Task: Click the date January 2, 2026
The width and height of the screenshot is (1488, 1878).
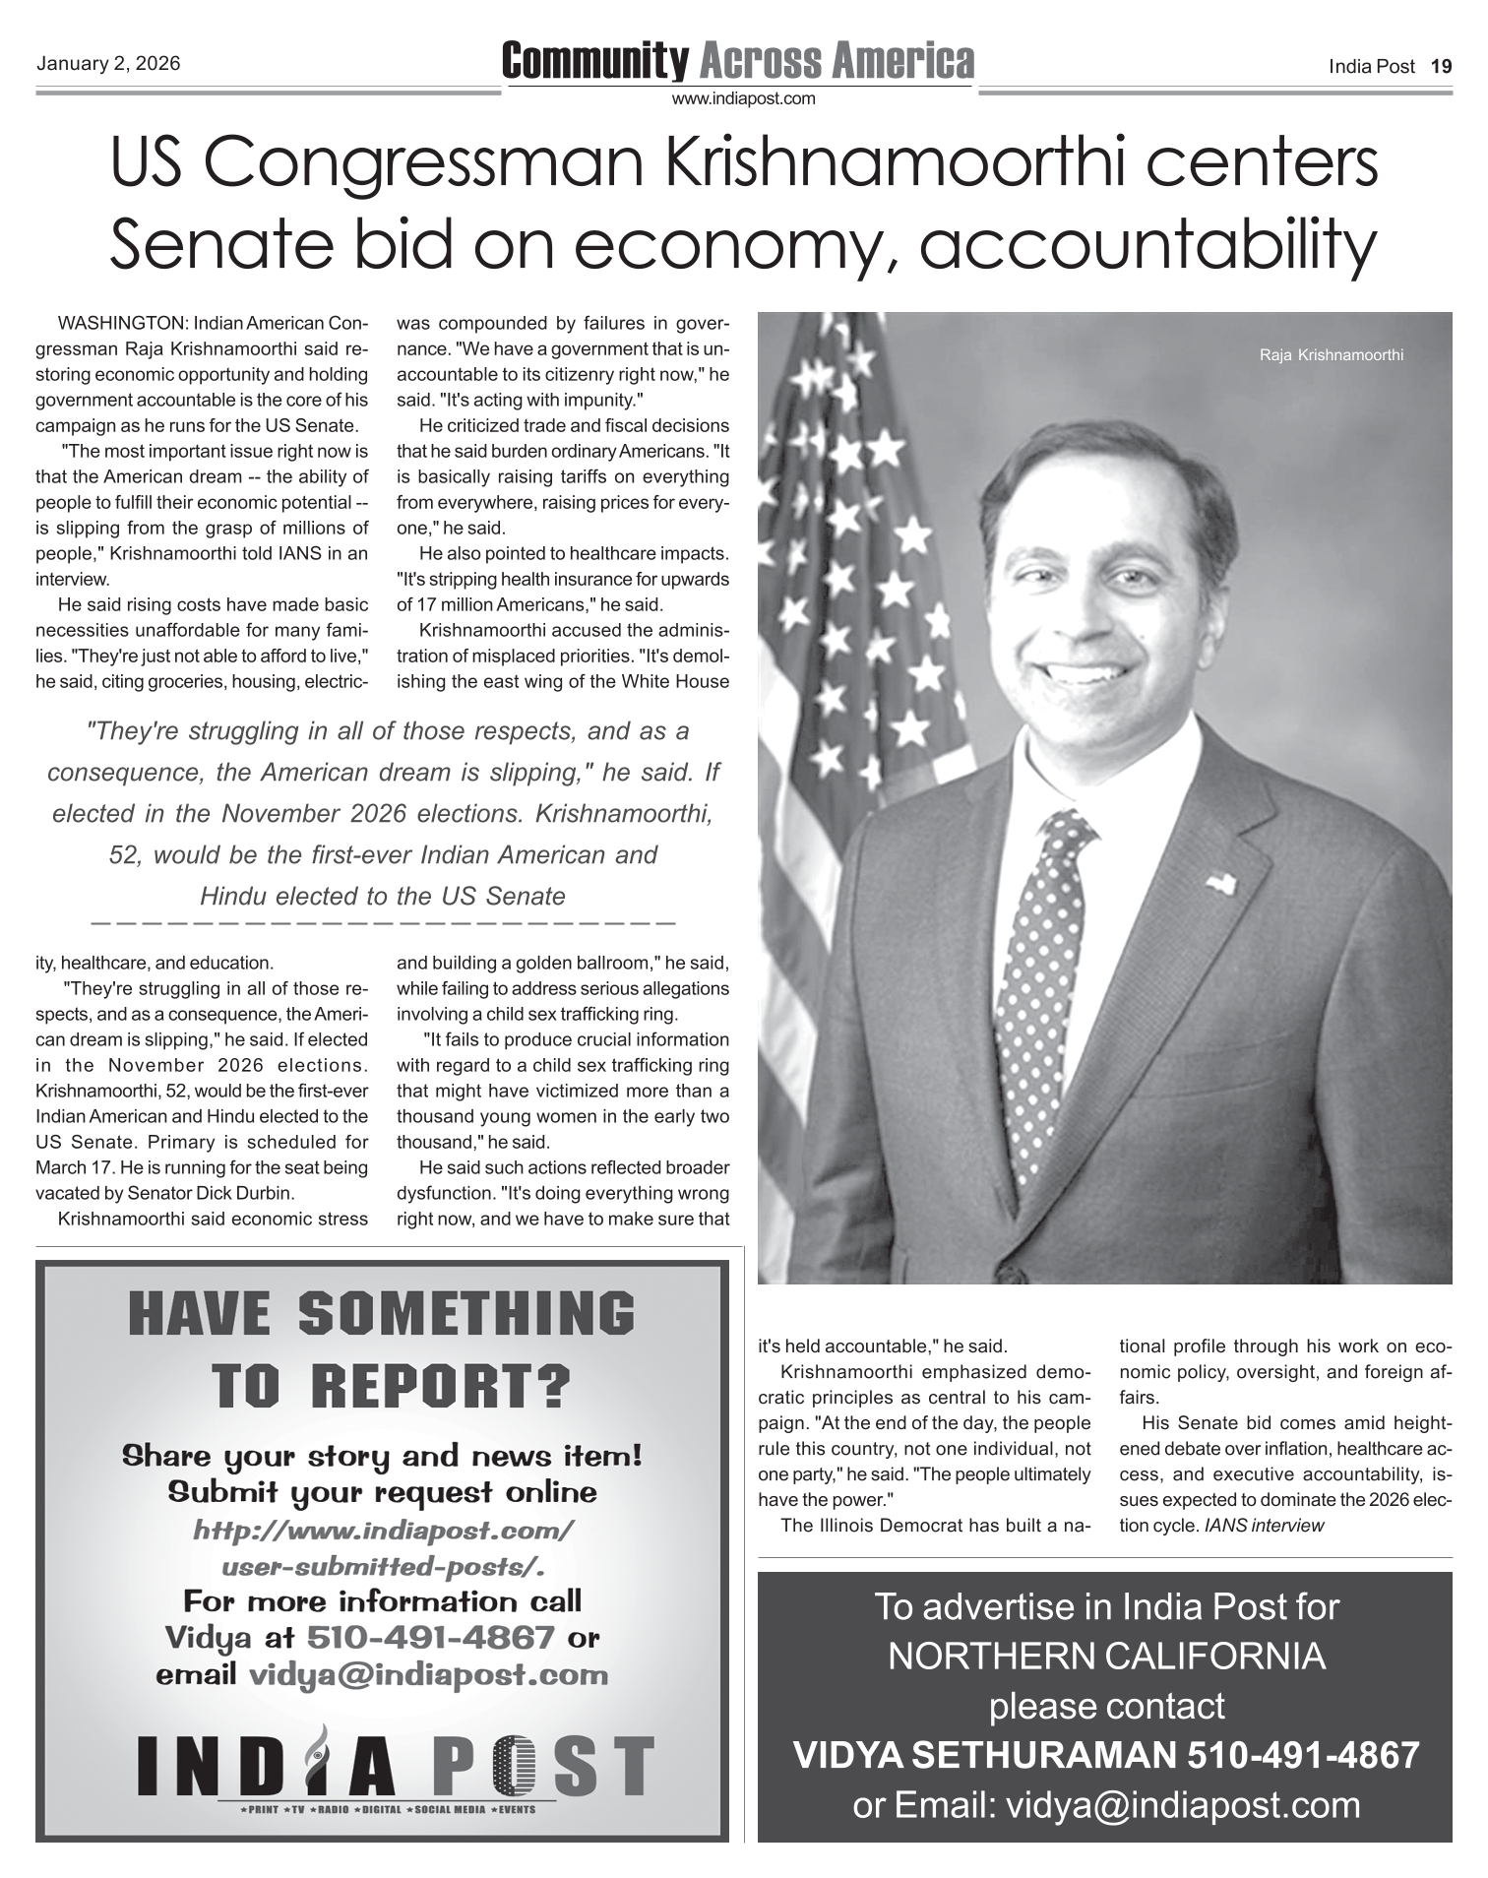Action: coord(108,64)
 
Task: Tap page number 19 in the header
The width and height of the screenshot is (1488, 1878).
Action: coord(1441,67)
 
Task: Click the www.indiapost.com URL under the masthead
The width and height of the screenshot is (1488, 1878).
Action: coord(743,98)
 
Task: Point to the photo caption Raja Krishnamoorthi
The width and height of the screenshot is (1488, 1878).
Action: coord(1331,354)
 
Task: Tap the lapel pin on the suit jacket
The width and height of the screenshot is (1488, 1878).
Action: coord(1221,882)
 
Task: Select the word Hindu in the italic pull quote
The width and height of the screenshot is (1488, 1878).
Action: coord(233,897)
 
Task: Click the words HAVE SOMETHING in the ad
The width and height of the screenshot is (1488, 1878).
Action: coord(382,1314)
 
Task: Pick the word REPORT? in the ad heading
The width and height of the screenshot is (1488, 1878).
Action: coord(441,1386)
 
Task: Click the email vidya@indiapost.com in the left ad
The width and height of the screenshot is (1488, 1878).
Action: coord(427,1674)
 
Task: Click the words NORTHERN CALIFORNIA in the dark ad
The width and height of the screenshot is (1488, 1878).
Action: coord(1105,1657)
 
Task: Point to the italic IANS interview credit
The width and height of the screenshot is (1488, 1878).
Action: coord(1264,1526)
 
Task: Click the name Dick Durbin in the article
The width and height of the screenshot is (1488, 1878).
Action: coord(245,1193)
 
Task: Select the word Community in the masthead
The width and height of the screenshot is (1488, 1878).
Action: coord(594,61)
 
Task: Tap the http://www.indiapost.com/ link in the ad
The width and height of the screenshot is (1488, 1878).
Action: coord(383,1532)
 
